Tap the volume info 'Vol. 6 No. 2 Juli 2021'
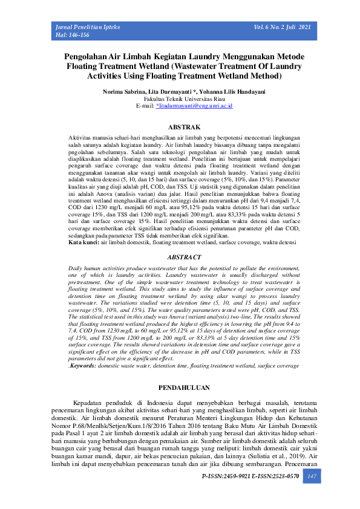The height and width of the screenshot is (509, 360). pos(283,28)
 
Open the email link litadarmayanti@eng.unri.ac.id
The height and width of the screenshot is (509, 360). pos(194,106)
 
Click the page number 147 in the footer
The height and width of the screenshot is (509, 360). pos(312,477)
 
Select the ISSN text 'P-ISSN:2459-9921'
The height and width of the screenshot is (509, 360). pos(226,477)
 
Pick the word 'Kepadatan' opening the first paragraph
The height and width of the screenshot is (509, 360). pos(86,403)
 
